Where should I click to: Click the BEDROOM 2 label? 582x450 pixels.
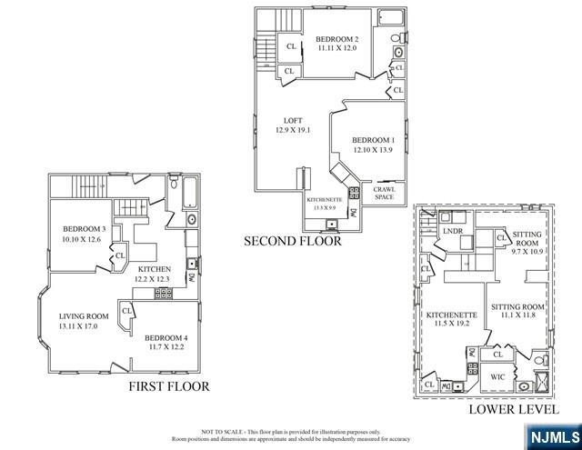click(x=337, y=39)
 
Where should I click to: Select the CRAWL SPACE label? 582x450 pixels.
click(x=384, y=192)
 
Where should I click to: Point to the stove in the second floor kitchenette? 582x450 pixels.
click(x=331, y=222)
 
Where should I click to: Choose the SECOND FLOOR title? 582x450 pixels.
click(x=292, y=242)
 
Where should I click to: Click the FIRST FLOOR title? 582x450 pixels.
click(x=168, y=387)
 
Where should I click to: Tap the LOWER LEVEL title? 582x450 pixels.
click(x=506, y=409)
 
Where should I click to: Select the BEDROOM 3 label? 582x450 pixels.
click(x=85, y=228)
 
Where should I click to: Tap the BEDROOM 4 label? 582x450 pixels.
click(x=166, y=336)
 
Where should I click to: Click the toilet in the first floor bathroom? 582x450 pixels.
click(x=173, y=186)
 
